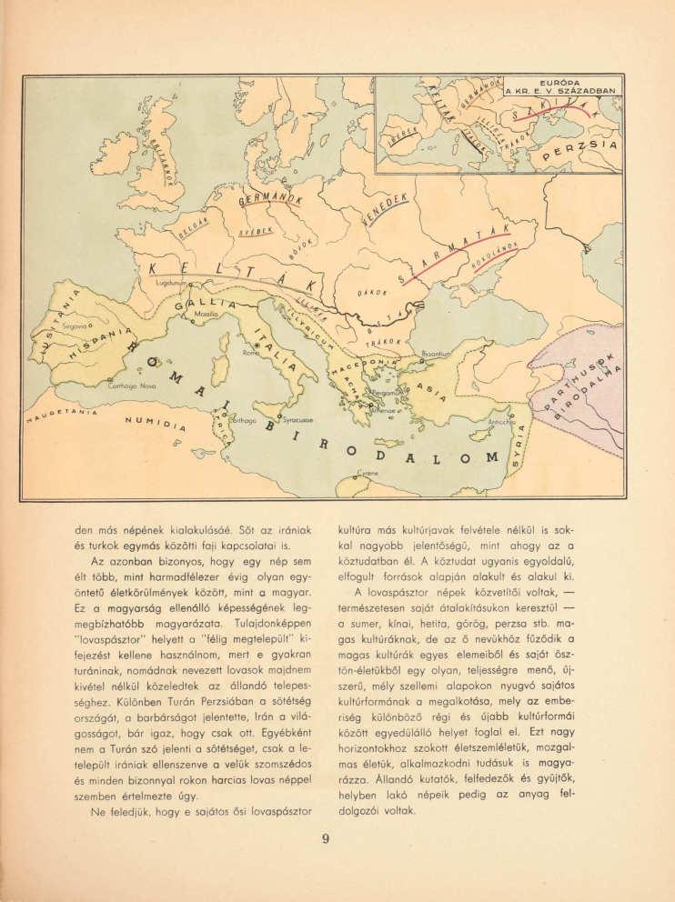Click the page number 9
click(324, 839)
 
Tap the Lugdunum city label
click(172, 284)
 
